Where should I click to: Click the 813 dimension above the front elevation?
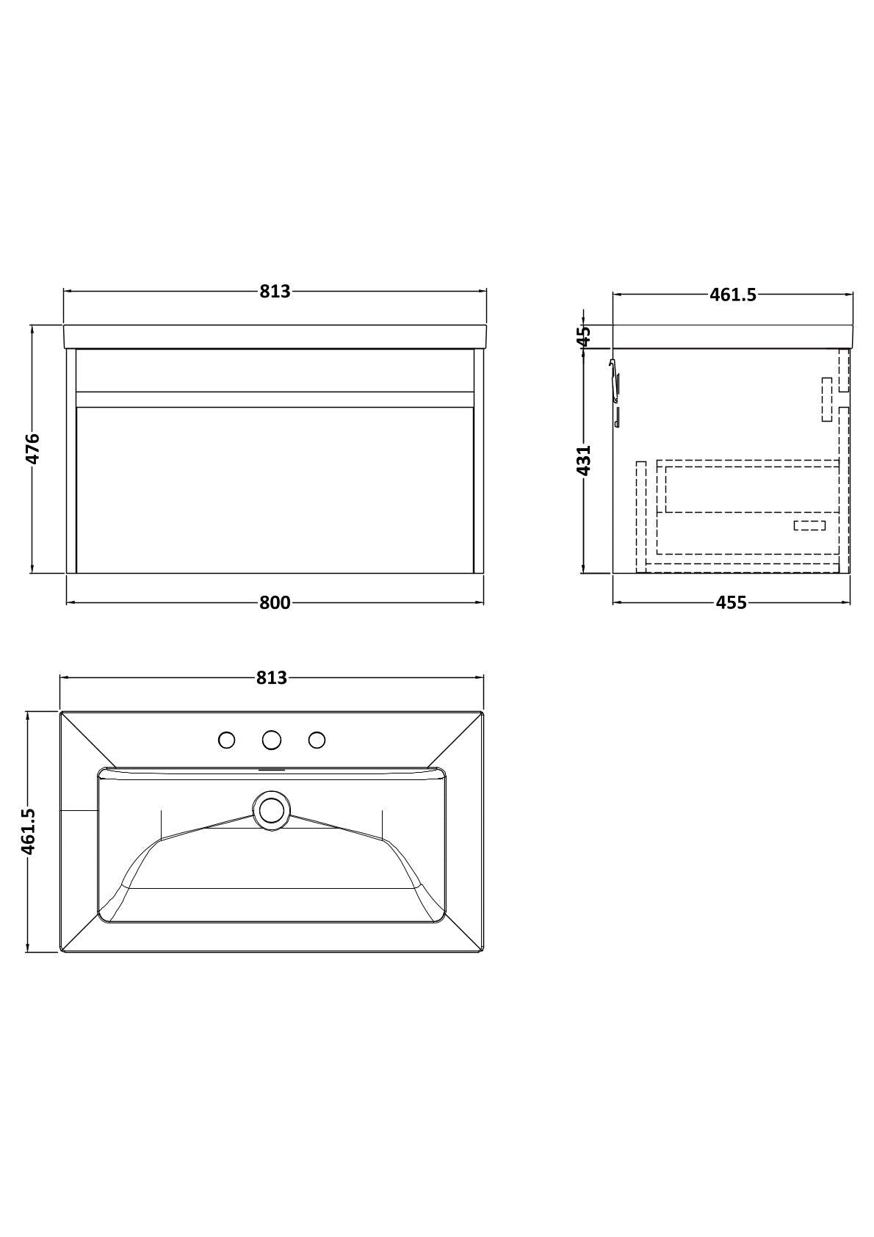(275, 292)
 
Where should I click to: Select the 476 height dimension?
(33, 449)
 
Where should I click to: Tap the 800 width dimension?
(275, 603)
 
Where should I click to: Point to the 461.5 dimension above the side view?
(732, 295)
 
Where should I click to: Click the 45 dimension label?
(584, 336)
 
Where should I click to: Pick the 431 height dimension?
(584, 461)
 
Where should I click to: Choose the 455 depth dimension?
(731, 603)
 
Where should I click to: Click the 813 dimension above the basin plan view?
(272, 678)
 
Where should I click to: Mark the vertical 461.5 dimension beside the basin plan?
(29, 832)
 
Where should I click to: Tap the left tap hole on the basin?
(227, 740)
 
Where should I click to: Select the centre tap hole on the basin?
(272, 740)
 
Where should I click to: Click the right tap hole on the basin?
(317, 740)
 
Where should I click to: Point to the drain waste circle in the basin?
(271, 810)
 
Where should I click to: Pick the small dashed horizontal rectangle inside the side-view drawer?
(810, 525)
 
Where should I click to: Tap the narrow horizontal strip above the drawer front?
(275, 399)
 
